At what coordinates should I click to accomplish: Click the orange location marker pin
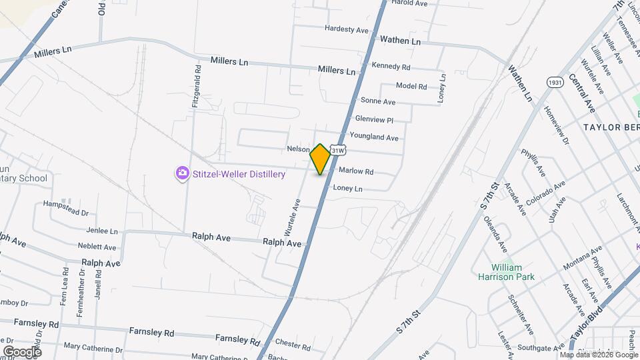[321, 159]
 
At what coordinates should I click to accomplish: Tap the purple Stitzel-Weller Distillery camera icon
[182, 174]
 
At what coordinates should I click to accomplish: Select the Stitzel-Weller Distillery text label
[239, 175]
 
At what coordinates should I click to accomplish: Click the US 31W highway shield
[338, 151]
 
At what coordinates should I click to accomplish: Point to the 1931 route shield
[554, 82]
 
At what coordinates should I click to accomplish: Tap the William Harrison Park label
[507, 272]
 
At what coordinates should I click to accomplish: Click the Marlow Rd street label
[356, 171]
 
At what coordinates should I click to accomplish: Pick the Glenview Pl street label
[375, 119]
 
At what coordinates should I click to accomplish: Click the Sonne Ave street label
[378, 101]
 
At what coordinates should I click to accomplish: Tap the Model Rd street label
[411, 86]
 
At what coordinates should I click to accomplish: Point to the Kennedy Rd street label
[391, 67]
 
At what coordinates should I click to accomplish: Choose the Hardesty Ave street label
[347, 30]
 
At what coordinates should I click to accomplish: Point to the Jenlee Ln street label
[102, 231]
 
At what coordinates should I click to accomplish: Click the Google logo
[22, 351]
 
